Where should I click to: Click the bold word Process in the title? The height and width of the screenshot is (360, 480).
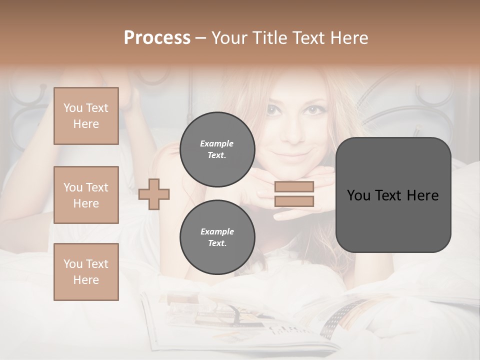[157, 38]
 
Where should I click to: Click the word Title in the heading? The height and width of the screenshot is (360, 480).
[270, 38]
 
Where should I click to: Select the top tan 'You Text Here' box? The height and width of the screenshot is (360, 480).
[86, 116]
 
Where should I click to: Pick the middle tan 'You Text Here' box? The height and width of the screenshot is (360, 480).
[86, 195]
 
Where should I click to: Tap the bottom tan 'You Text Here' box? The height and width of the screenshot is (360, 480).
[86, 272]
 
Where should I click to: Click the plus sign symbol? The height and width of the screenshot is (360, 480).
[154, 193]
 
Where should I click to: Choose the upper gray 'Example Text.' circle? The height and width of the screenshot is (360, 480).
[217, 149]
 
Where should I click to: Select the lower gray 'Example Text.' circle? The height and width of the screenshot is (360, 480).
[217, 237]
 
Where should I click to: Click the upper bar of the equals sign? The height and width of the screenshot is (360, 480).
[294, 187]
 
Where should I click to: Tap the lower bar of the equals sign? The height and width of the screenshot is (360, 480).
[294, 201]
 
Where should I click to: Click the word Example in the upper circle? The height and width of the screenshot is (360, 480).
[217, 143]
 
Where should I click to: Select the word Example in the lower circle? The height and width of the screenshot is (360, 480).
[217, 231]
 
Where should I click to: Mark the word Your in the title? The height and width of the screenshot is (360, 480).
[228, 38]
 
